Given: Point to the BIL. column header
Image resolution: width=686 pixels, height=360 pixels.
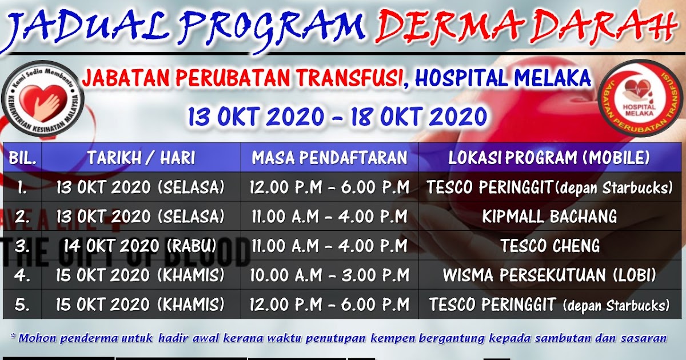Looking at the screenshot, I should [x=22, y=158].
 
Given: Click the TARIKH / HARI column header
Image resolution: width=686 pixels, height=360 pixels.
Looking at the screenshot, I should [x=141, y=158].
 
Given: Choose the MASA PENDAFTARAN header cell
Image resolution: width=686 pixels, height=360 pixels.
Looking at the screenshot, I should [x=330, y=158].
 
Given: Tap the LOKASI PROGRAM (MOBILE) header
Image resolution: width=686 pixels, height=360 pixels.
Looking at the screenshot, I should [x=549, y=158].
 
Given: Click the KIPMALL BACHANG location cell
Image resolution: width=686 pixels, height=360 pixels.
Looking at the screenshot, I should [x=549, y=217].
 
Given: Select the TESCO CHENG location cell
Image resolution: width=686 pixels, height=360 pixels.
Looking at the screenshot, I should [x=549, y=246].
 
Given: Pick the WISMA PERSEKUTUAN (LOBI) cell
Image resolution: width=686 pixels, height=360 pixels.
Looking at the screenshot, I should [x=549, y=275].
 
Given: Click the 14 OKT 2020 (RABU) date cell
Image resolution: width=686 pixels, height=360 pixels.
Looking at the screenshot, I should [x=140, y=246].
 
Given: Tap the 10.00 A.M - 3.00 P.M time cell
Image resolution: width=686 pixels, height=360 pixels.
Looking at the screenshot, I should [x=330, y=275].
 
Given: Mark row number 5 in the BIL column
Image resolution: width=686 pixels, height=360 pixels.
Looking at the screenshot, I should [x=22, y=305].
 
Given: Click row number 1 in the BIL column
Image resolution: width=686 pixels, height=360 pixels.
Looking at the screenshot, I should [x=22, y=187].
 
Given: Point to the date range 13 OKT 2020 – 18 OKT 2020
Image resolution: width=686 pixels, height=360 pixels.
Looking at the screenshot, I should [x=338, y=117].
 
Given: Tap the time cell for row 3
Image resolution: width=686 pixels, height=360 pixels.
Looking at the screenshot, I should [x=330, y=246].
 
